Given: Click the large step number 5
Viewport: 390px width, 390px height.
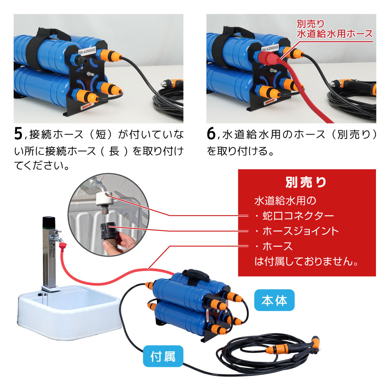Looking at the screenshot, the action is tap(18, 133).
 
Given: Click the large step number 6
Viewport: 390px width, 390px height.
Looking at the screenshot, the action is tap(211, 133).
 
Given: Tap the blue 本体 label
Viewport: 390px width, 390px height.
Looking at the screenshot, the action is tap(274, 300).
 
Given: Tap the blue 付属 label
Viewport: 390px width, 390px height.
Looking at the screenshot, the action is tap(163, 356).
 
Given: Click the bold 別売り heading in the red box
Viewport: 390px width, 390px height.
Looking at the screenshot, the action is tap(306, 182).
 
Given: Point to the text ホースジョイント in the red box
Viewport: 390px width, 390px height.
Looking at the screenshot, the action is tap(300, 231).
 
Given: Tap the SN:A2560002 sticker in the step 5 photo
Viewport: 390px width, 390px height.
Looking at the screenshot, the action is tap(87, 51).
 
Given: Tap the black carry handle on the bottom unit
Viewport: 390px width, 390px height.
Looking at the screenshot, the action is tap(196, 275).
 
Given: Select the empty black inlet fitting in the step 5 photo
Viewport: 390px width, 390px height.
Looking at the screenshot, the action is tap(80, 60).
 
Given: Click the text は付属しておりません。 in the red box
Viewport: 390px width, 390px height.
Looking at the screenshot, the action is tap(306, 261).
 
